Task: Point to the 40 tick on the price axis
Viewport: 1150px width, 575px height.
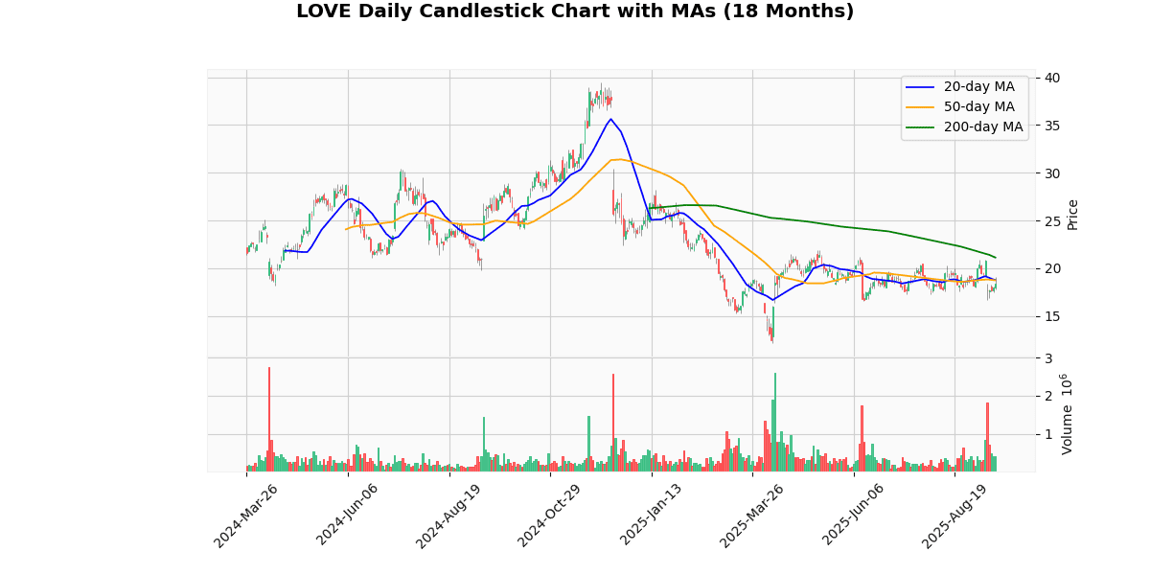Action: coord(1052,78)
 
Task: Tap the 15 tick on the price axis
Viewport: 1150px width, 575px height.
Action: coord(1052,316)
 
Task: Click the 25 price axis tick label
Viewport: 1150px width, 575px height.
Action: coord(1052,221)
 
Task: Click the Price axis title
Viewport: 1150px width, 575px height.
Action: coord(1072,214)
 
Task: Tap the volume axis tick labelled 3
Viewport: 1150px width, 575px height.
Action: coord(1047,357)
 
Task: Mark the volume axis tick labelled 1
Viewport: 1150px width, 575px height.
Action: coord(1047,434)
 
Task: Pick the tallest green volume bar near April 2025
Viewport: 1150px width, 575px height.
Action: coord(775,422)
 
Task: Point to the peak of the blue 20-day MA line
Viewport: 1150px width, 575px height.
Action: coord(610,119)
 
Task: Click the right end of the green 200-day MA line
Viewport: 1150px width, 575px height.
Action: coord(996,257)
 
